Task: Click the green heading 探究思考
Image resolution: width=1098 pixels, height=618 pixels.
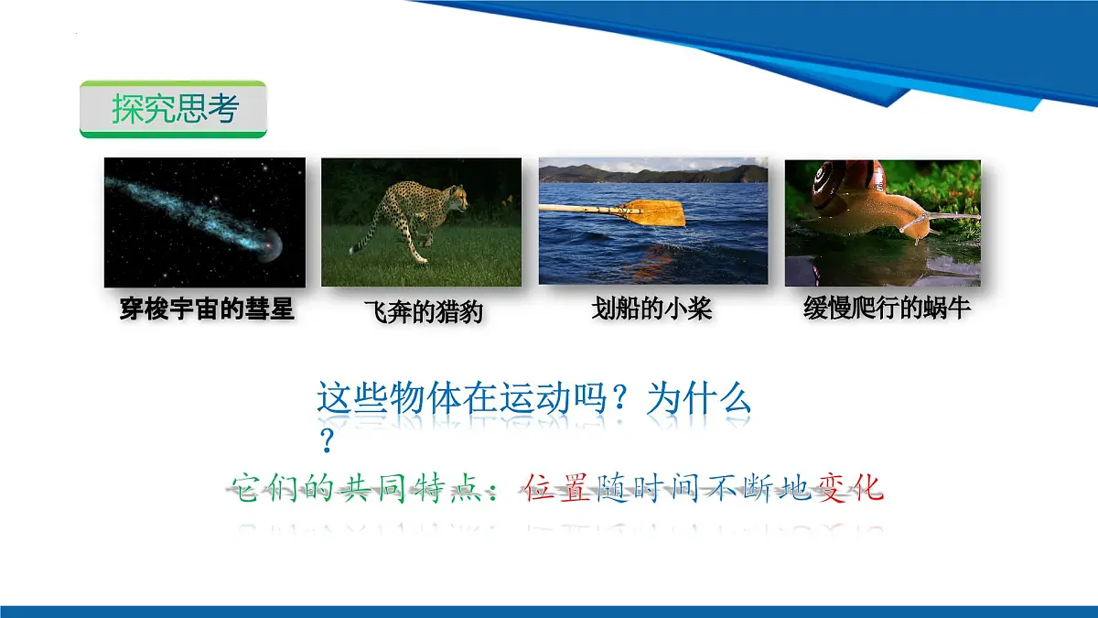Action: pos(175,108)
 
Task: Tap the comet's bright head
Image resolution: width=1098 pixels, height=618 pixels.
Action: pos(270,244)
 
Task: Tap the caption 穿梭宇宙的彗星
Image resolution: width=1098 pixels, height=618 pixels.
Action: pos(207,309)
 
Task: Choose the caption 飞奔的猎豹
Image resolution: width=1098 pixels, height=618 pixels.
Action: pos(424,311)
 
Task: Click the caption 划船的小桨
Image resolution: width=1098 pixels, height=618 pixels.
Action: pos(651,309)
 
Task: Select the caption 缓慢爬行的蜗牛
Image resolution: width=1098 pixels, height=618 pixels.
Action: pos(887,308)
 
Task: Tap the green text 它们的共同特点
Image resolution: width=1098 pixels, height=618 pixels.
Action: pos(356,488)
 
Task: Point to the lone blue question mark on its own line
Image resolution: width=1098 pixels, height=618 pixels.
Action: pos(327,440)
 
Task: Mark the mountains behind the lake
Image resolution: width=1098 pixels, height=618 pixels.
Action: pos(653,174)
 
